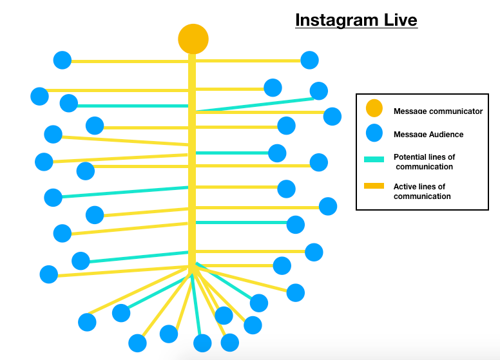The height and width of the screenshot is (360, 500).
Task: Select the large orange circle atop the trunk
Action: (x=193, y=39)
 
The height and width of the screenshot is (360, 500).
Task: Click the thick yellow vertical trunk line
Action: (x=192, y=161)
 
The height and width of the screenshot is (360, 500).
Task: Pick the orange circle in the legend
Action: (x=374, y=109)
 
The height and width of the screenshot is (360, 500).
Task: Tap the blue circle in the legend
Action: (x=374, y=133)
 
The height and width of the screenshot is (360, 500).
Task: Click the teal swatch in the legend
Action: (x=374, y=159)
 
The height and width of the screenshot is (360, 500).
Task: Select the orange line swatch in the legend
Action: (x=374, y=186)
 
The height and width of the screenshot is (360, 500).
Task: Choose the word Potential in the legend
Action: (x=411, y=157)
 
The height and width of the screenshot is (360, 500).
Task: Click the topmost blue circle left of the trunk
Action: (x=63, y=60)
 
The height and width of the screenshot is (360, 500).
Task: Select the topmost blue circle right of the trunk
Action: (x=310, y=60)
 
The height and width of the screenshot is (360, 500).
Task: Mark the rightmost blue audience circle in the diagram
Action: (x=332, y=116)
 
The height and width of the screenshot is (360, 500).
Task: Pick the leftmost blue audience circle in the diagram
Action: (x=39, y=97)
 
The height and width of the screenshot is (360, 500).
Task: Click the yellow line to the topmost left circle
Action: (x=129, y=61)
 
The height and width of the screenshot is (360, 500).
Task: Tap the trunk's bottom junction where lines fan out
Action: (x=192, y=267)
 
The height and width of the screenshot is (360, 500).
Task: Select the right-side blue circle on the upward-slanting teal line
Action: (x=318, y=91)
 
